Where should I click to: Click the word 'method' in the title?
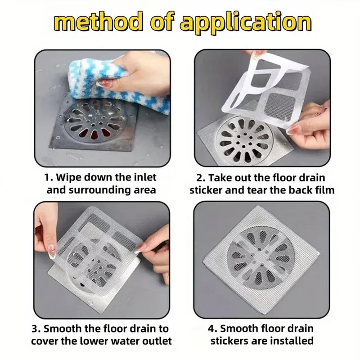(x=97, y=22)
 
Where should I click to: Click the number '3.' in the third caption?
(x=36, y=329)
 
